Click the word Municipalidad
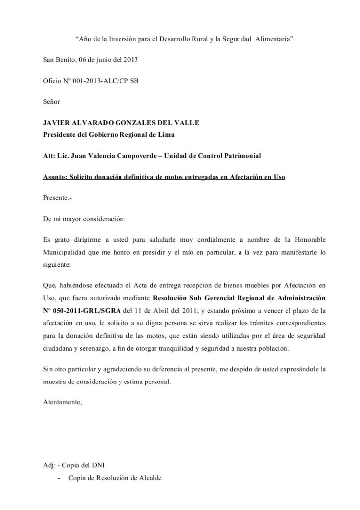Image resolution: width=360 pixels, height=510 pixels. tap(66, 252)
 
